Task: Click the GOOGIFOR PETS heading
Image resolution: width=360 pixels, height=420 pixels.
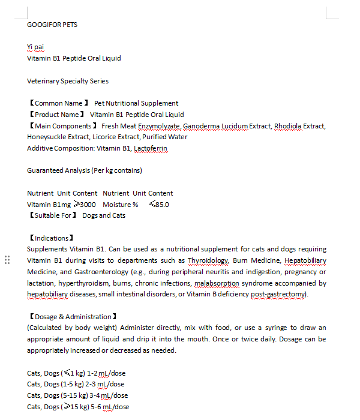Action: pos(52,25)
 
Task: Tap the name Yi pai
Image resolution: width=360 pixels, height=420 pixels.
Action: pos(35,47)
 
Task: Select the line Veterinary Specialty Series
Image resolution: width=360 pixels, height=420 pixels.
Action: pos(68,80)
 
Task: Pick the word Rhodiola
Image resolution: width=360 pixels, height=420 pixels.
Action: pos(288,126)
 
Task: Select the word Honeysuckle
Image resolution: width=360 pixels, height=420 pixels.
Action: pos(47,137)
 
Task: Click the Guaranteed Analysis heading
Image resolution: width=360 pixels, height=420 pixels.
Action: pos(85,170)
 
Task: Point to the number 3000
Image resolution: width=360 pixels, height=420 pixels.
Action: pos(88,205)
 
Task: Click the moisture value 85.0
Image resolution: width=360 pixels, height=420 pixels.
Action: pos(162,205)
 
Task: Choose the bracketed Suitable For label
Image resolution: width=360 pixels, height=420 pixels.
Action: pos(53,215)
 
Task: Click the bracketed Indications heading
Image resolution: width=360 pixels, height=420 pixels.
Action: pos(51,238)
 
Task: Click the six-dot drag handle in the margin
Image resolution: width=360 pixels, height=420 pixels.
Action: pos(7,260)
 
